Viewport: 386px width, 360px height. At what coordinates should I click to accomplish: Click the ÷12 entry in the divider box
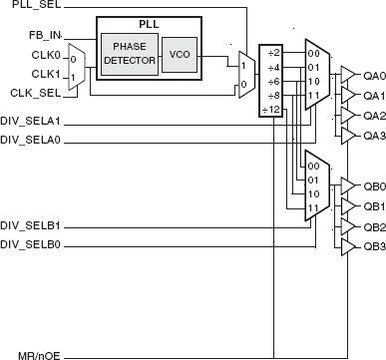(x=270, y=108)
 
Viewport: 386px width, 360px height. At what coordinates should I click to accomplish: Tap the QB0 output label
(x=373, y=185)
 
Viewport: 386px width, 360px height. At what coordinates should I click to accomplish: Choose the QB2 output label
(x=373, y=226)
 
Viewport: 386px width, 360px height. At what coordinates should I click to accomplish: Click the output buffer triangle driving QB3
(x=348, y=245)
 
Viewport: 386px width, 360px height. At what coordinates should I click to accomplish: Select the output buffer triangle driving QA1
(x=348, y=94)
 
